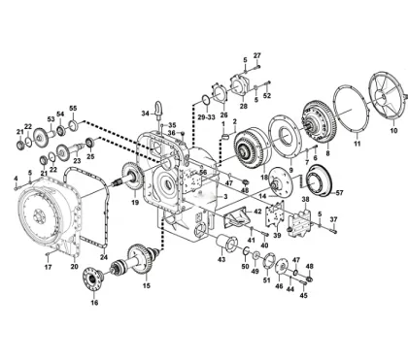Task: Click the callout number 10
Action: click(x=393, y=128)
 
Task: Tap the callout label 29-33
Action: click(x=206, y=116)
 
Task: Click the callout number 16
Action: click(x=94, y=303)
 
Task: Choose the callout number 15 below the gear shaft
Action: click(x=147, y=285)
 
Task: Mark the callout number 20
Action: click(x=74, y=266)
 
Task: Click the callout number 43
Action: click(x=221, y=260)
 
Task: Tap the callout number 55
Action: click(x=72, y=108)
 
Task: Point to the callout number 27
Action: click(x=257, y=55)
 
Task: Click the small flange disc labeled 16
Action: click(x=96, y=280)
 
